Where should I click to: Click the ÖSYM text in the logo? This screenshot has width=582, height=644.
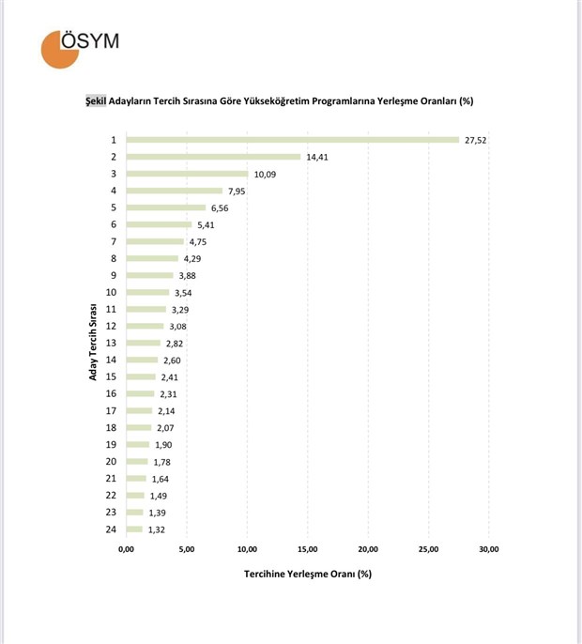[90, 41]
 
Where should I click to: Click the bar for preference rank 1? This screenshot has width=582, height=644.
[292, 140]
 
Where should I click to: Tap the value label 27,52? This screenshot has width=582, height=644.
[475, 140]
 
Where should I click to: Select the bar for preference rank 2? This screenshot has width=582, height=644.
[213, 157]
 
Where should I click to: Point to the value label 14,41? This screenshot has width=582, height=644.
[316, 157]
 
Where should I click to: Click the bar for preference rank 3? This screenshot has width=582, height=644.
[187, 174]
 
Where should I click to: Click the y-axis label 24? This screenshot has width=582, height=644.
[111, 529]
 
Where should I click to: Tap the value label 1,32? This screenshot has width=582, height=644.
[158, 529]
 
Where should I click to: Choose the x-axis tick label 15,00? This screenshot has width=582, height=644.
[308, 550]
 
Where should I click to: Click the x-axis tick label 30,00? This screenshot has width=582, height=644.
[489, 550]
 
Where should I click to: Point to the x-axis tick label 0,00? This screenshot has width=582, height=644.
[127, 550]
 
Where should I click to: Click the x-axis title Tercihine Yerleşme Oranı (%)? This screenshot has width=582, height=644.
[308, 574]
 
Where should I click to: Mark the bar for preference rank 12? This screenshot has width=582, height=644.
[145, 326]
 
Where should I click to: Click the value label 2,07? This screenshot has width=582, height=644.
[166, 428]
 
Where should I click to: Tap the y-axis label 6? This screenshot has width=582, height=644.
[114, 224]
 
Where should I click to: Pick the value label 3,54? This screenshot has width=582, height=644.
[184, 292]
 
